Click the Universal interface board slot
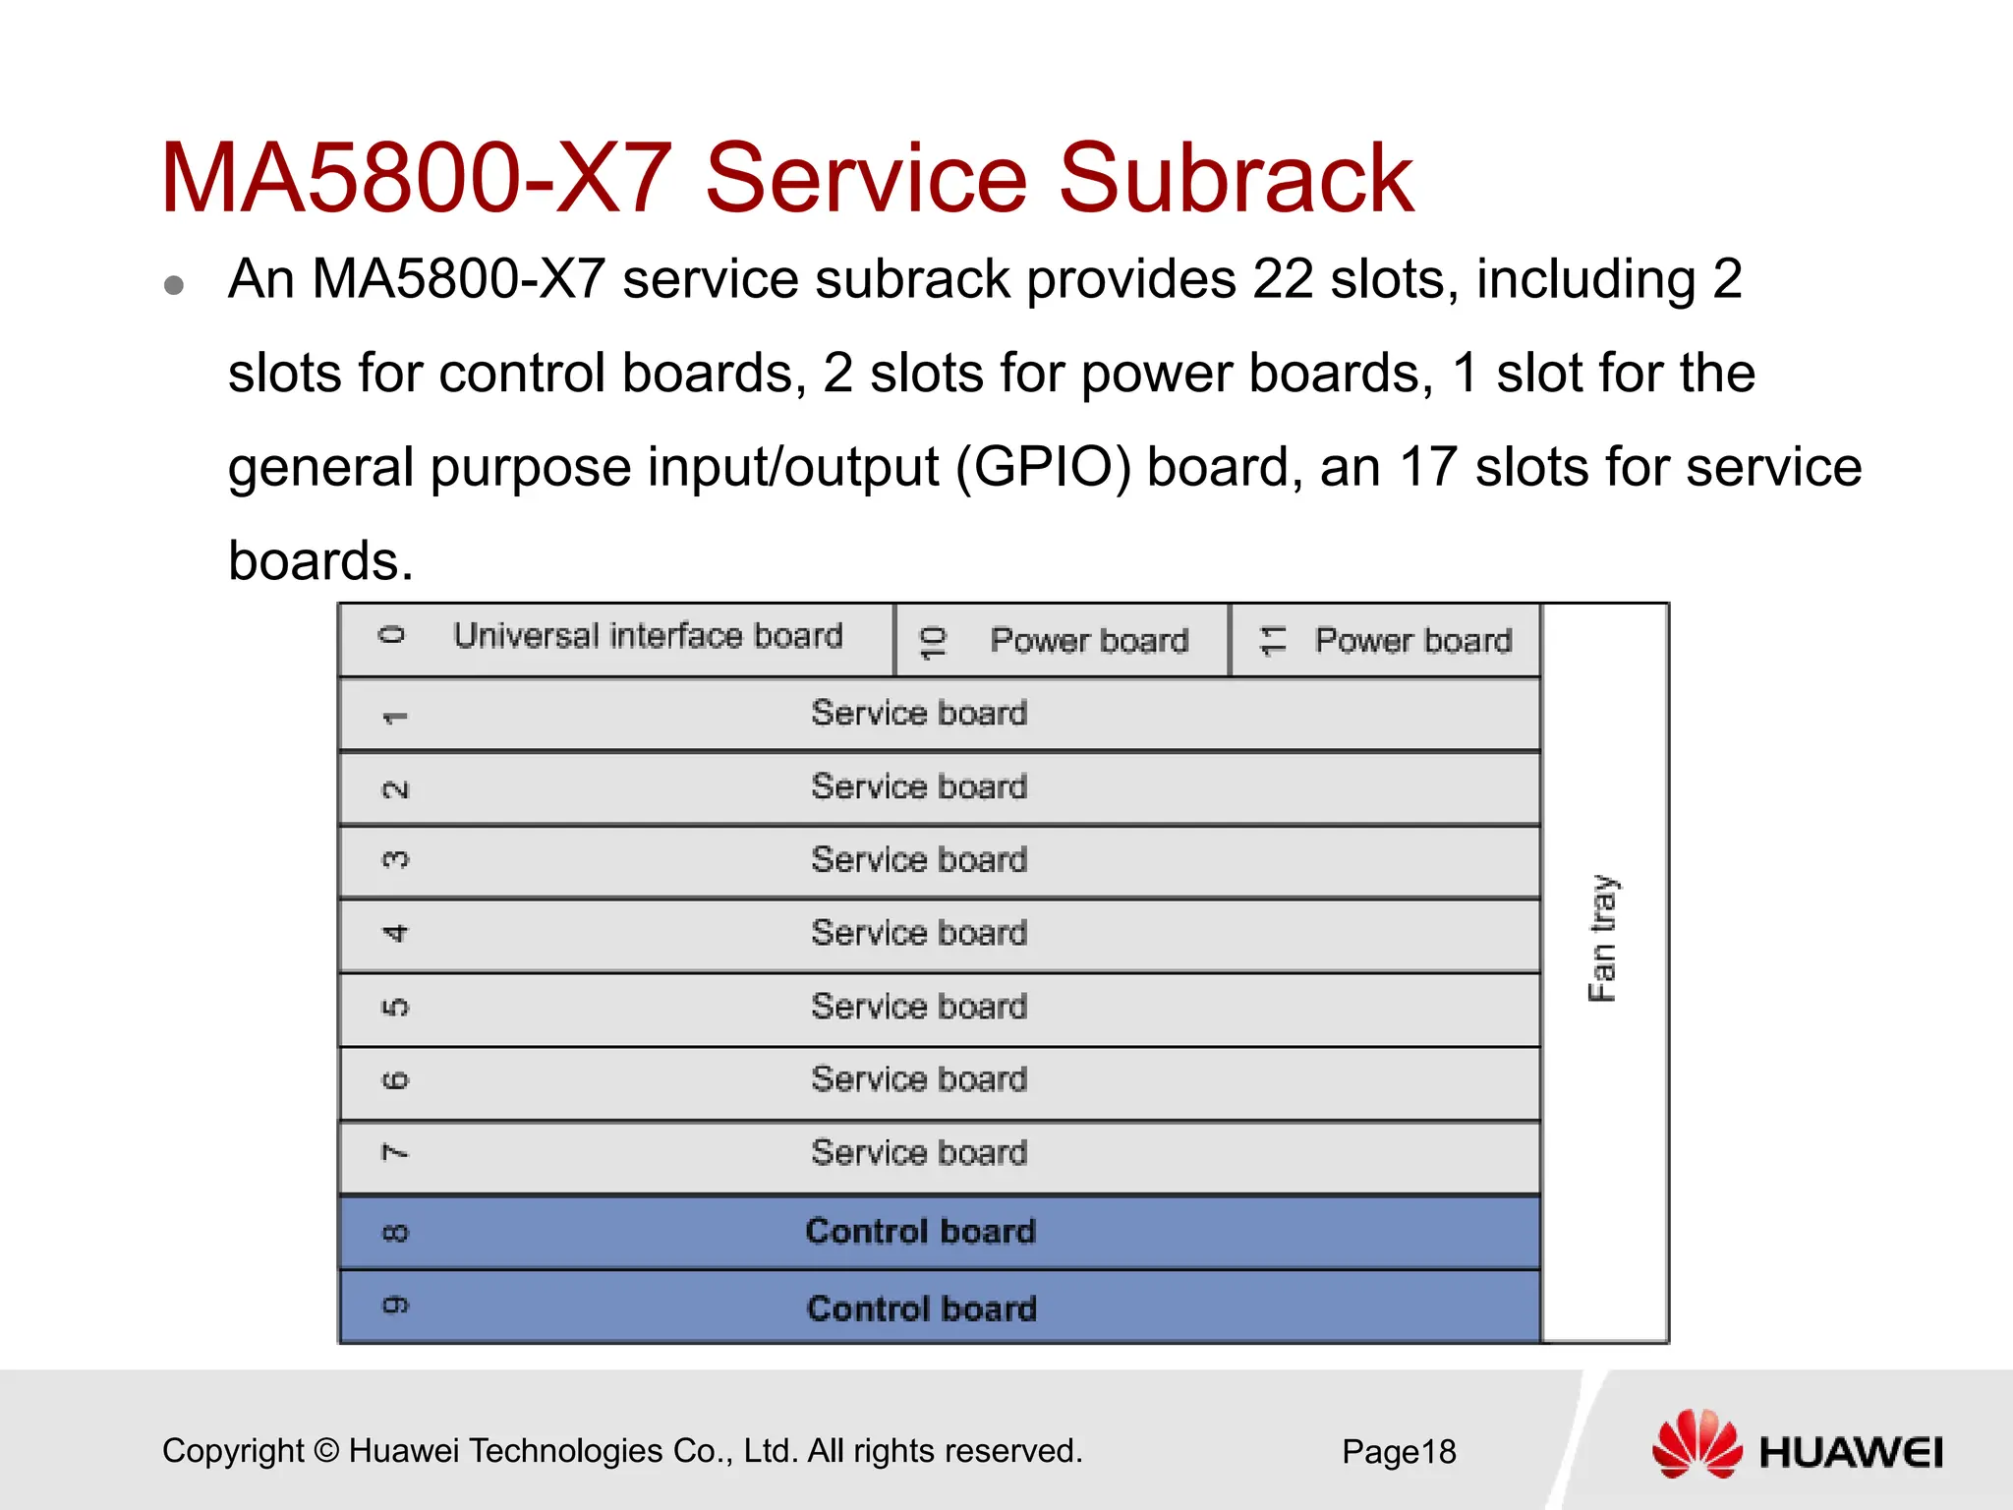[x=648, y=636]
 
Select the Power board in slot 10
[x=1088, y=641]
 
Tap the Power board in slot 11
[x=1412, y=641]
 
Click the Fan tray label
[x=1602, y=938]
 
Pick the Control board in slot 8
[x=920, y=1232]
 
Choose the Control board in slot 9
[x=921, y=1308]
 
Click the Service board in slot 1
[x=919, y=713]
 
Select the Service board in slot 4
[x=919, y=933]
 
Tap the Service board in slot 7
[x=919, y=1152]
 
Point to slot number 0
[x=392, y=635]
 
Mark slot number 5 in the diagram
[x=394, y=1008]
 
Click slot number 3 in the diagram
[x=394, y=860]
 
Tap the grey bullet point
[x=175, y=285]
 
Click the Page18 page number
[x=1399, y=1451]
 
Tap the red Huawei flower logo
[x=1697, y=1445]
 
